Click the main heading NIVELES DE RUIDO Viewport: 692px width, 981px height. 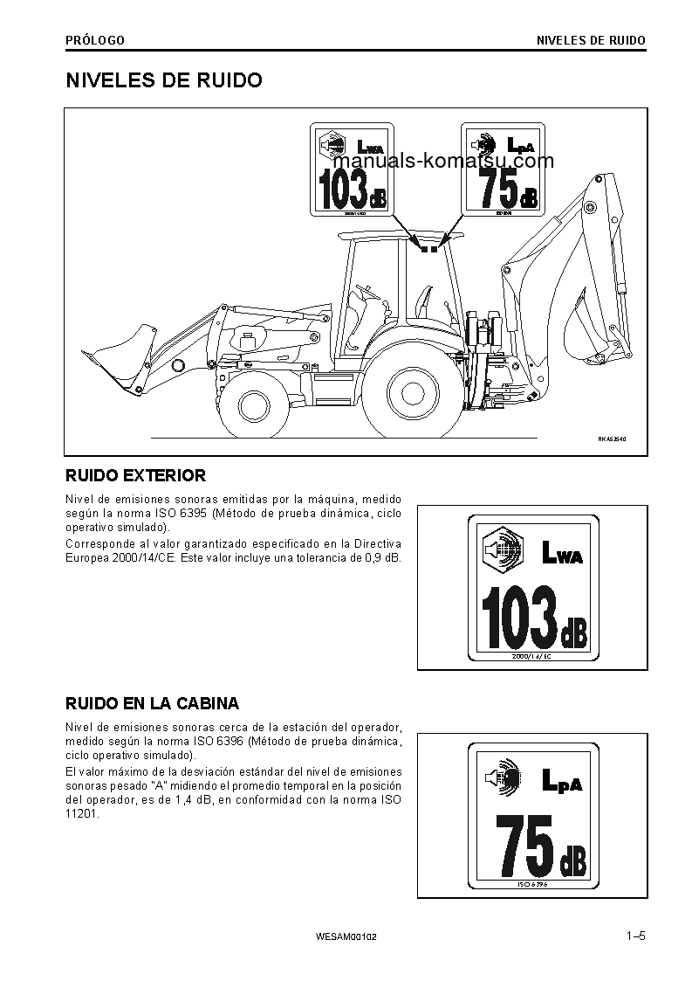(x=164, y=80)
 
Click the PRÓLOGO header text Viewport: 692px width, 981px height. (x=95, y=40)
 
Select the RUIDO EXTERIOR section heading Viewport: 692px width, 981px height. (x=136, y=476)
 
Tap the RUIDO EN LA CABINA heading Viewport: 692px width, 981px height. (x=153, y=703)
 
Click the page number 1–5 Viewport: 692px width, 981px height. (x=634, y=937)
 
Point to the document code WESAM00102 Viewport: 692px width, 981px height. (x=346, y=938)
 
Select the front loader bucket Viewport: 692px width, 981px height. (x=121, y=354)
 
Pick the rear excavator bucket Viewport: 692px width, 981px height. (x=586, y=337)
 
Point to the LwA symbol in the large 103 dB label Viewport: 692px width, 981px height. (x=561, y=552)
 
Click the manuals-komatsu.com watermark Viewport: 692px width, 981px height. (x=442, y=162)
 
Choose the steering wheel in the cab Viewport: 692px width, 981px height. (x=367, y=288)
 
